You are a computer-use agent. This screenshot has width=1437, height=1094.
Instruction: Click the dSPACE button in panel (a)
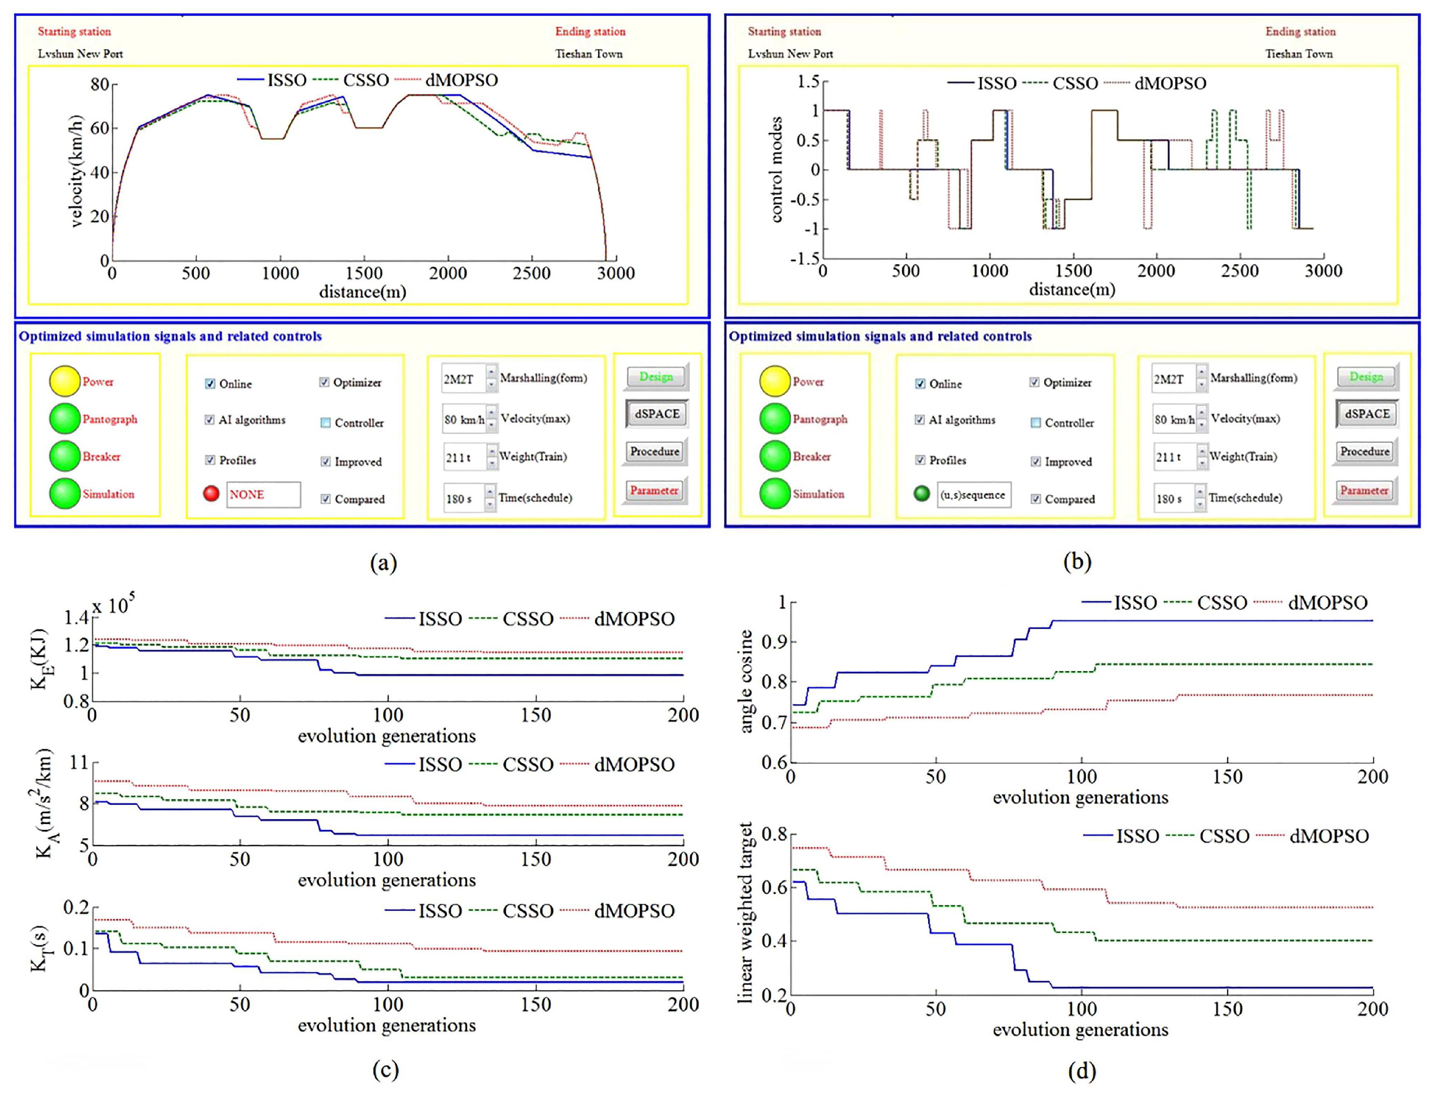point(657,414)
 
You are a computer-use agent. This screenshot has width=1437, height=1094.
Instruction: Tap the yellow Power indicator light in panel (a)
point(65,382)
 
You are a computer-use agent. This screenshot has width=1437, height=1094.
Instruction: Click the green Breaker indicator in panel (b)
point(774,456)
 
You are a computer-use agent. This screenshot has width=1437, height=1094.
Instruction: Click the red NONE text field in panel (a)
point(263,495)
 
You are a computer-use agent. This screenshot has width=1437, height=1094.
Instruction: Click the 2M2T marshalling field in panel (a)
point(463,379)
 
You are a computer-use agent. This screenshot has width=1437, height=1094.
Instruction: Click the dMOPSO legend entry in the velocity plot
point(461,80)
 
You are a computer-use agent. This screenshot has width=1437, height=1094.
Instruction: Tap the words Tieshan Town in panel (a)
point(588,54)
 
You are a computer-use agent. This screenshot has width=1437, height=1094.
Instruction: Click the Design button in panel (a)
point(656,377)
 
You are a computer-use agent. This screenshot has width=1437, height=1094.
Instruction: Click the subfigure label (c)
point(385,1070)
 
